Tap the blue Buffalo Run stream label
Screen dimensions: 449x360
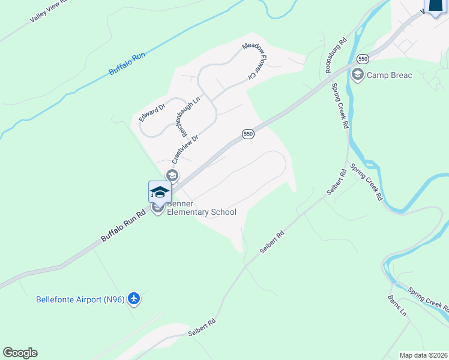[x=127, y=64]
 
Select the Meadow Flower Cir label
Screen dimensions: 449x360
[x=253, y=62]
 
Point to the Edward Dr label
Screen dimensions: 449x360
[x=152, y=113]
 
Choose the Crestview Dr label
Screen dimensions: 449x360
[x=185, y=148]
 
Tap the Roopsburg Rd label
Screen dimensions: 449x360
[x=336, y=56]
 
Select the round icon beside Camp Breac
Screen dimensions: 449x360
[x=358, y=75]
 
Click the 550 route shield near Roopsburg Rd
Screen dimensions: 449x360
[x=362, y=59]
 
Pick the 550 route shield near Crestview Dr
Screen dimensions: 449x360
[x=249, y=133]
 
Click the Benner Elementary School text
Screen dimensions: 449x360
[x=201, y=208]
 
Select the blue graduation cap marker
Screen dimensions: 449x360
[x=160, y=192]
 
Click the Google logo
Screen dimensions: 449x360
[x=20, y=353]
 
